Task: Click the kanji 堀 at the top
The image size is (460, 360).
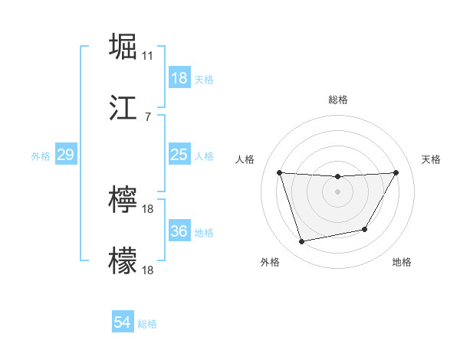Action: [x=123, y=47]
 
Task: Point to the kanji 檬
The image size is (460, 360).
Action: [x=123, y=260]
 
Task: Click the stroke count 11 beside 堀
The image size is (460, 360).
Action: [x=148, y=56]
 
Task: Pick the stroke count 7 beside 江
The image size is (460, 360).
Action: [x=148, y=116]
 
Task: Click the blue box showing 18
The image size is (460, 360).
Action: [x=179, y=78]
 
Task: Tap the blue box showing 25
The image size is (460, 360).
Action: [x=179, y=155]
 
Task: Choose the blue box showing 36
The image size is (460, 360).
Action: [x=179, y=231]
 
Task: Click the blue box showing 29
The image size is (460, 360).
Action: [x=65, y=155]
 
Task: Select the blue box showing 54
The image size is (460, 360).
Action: [x=123, y=323]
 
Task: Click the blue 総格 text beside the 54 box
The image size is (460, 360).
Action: [x=147, y=324]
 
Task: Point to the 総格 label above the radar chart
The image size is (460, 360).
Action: [x=338, y=100]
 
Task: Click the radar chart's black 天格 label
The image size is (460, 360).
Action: [x=431, y=159]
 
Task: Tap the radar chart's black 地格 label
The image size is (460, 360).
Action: [x=402, y=262]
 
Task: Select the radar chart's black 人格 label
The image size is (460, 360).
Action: [x=245, y=159]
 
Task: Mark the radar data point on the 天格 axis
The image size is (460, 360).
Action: [x=396, y=172]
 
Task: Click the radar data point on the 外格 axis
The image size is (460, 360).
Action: [x=302, y=242]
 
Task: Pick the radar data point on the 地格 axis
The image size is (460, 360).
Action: [x=365, y=230]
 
